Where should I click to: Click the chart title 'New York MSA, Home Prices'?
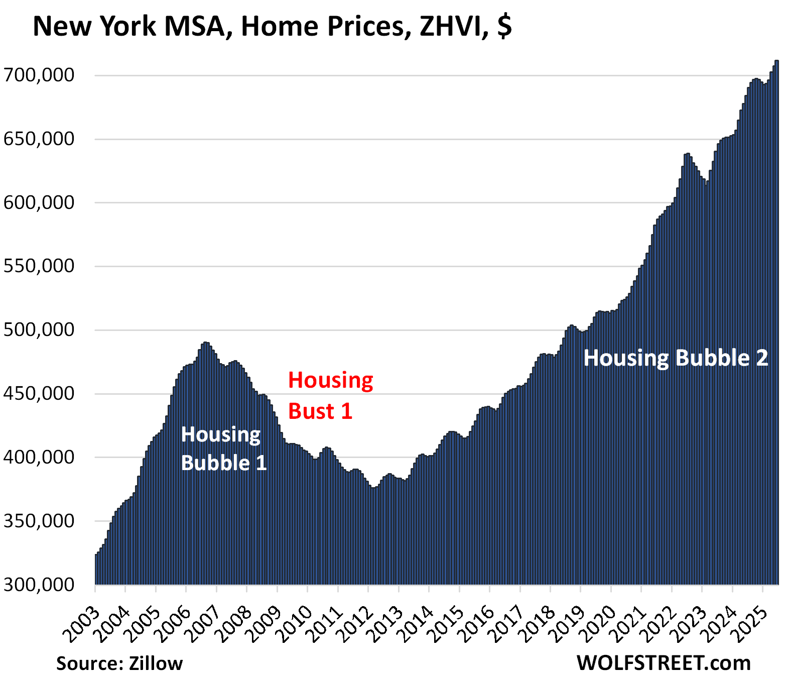pos(218,26)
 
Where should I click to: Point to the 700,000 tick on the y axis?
pos(39,75)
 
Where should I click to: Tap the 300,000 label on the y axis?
pos(39,585)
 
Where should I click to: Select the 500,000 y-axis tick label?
pos(39,330)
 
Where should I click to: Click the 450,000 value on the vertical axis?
pos(39,394)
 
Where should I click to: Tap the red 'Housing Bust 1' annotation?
pos(330,396)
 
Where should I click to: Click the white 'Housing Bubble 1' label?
pos(223,448)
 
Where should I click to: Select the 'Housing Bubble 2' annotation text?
pos(676,358)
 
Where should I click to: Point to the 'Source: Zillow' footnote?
pos(119,663)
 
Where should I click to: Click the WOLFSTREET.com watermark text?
pos(664,663)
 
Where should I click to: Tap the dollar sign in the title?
pos(504,26)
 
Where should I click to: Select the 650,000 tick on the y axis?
pos(39,139)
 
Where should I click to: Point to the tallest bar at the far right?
pos(776,321)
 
